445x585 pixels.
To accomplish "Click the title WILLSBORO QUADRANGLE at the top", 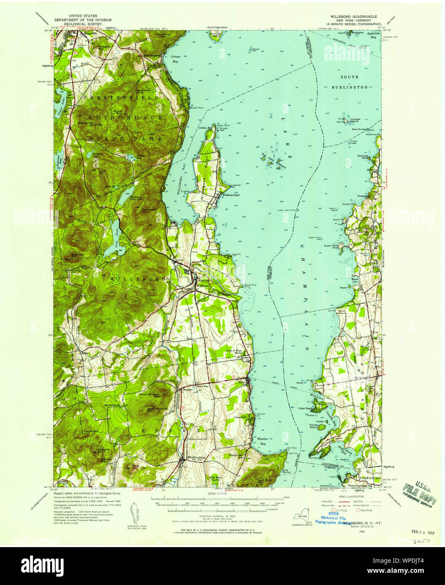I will point(350,16).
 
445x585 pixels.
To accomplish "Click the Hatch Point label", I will point(223,125).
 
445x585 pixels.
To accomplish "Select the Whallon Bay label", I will point(263,441).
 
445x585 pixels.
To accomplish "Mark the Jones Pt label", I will point(235,254).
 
